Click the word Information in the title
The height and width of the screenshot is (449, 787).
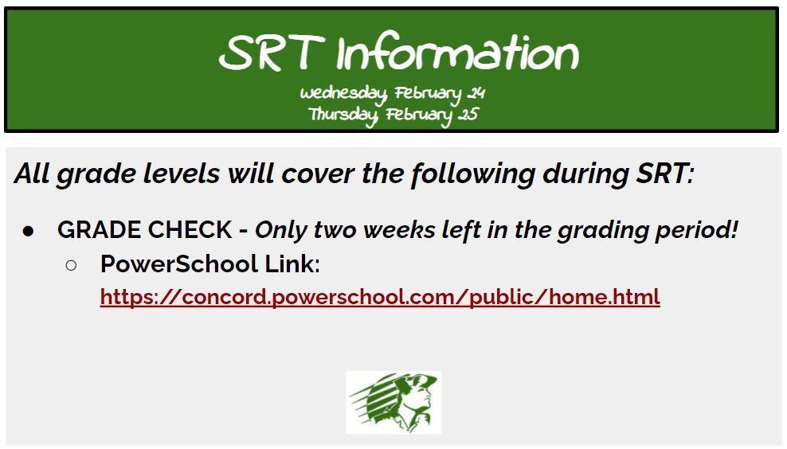(457, 53)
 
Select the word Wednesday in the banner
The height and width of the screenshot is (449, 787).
(343, 94)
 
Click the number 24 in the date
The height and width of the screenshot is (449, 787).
(476, 93)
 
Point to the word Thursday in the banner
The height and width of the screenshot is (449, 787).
(343, 115)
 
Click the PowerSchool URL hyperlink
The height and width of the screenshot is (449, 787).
(380, 297)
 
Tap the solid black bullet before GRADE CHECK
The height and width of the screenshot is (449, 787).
(28, 231)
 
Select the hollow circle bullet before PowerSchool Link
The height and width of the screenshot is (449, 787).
(71, 265)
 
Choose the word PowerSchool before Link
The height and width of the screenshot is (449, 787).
(179, 264)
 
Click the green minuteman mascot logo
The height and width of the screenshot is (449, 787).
(393, 402)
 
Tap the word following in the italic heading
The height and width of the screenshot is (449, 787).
(473, 174)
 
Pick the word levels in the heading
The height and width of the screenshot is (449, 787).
(182, 174)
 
